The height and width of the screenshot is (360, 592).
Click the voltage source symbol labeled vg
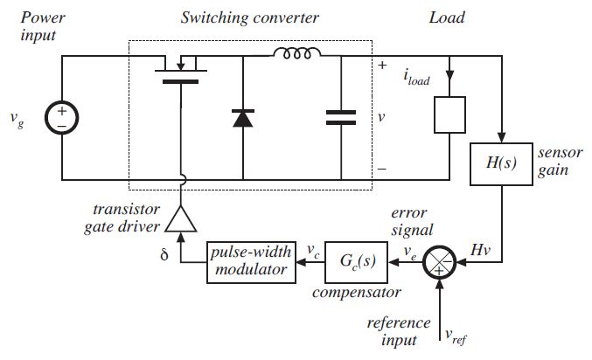[x=63, y=119]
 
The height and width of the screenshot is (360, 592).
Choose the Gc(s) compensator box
[x=358, y=260]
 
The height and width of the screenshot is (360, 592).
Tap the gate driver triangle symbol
[x=182, y=218]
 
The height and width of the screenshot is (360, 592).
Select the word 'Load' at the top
[x=447, y=17]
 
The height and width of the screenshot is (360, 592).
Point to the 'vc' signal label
[x=312, y=250]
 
